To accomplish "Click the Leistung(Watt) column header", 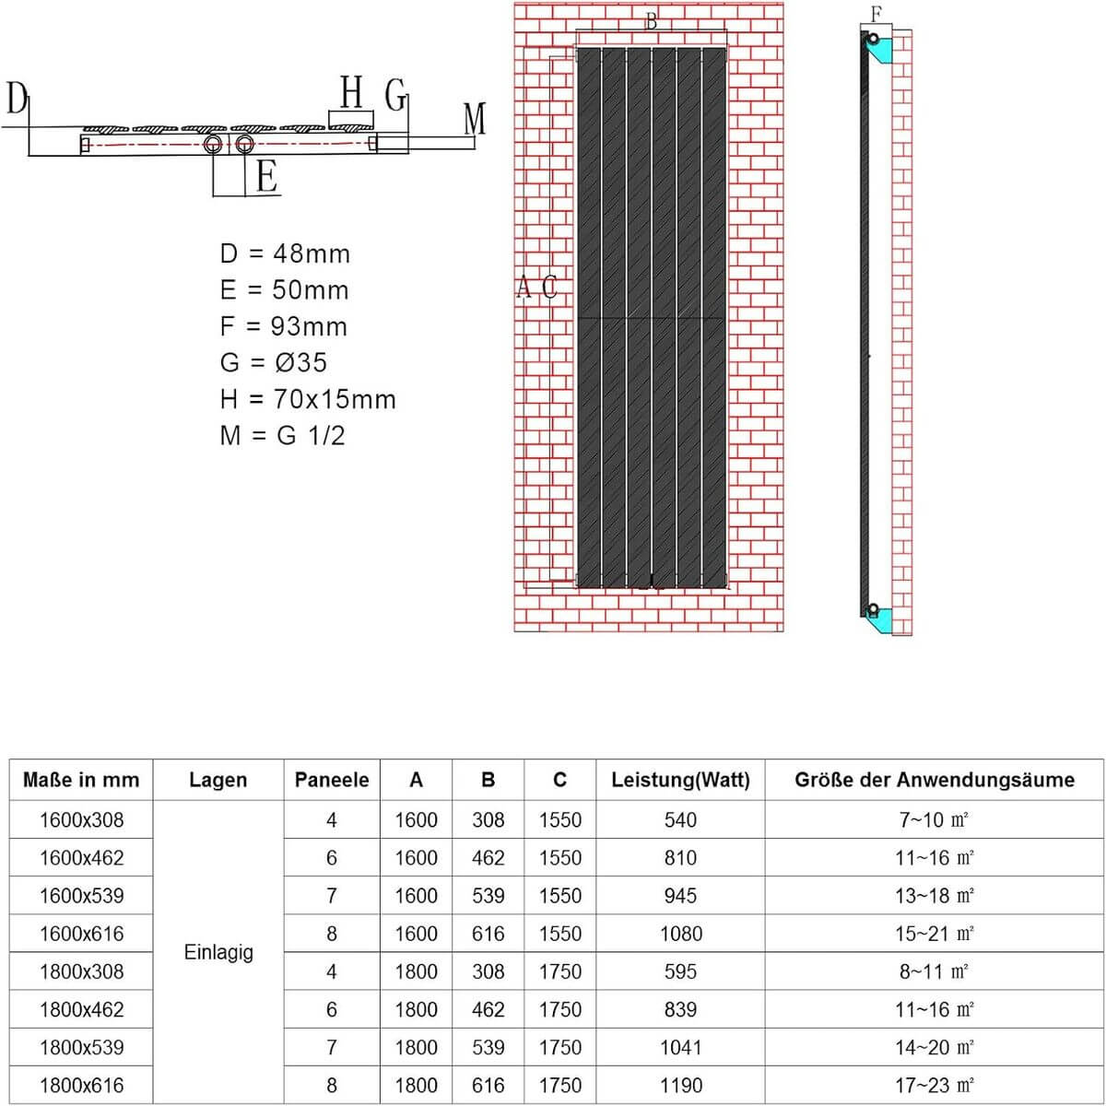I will [x=680, y=780].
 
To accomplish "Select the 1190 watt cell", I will [x=680, y=1085].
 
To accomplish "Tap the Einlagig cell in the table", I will [x=218, y=952].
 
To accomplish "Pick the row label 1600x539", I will [x=81, y=895].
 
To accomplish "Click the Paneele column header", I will [x=332, y=780].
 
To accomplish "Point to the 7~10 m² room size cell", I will [x=934, y=819].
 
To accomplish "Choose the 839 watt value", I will [x=680, y=1009].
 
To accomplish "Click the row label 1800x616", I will [x=81, y=1085].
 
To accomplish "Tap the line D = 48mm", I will [x=285, y=253].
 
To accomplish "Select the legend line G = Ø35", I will [x=274, y=362].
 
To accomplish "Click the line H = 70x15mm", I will [x=308, y=399].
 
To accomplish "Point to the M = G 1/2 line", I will [x=282, y=435].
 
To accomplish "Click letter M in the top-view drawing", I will [x=475, y=119].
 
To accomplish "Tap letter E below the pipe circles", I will [x=266, y=175].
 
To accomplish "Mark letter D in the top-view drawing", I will [x=17, y=98].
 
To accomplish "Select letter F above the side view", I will [x=876, y=14].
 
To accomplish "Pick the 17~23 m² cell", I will [x=934, y=1085].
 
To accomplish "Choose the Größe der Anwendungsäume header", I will [x=934, y=780].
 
